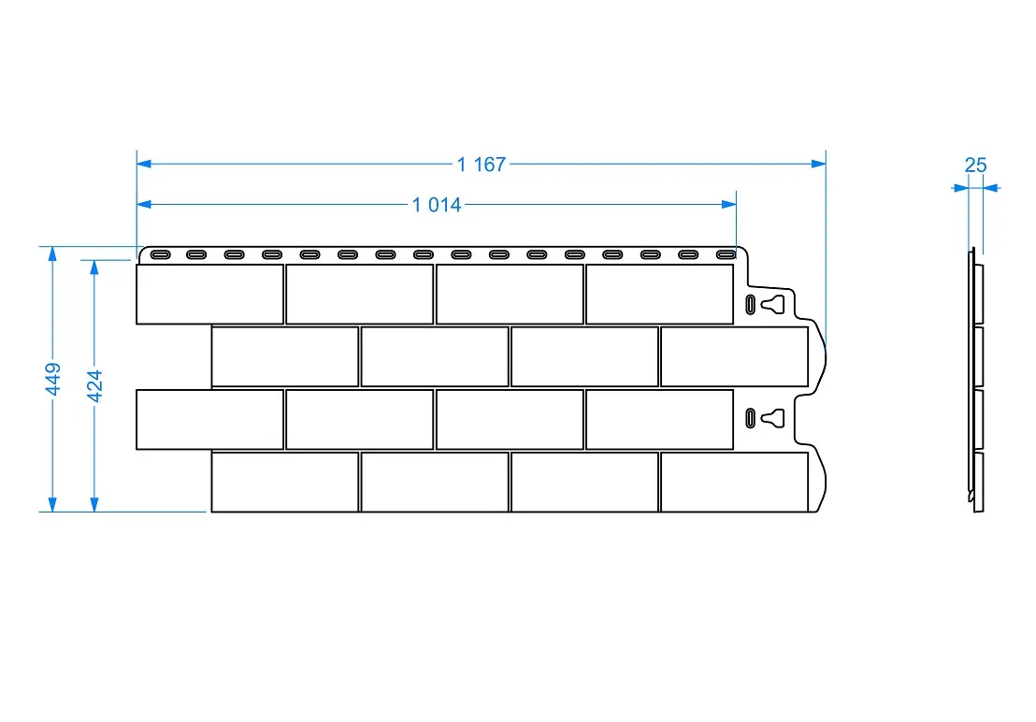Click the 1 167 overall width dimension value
(x=482, y=165)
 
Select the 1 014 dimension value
(x=437, y=205)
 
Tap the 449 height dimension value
(x=52, y=379)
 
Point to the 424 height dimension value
(x=94, y=385)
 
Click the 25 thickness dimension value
(x=975, y=166)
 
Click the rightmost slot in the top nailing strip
(x=726, y=253)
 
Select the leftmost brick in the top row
(x=209, y=294)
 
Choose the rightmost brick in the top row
(x=659, y=294)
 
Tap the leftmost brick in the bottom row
(x=285, y=482)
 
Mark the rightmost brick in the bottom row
(x=734, y=482)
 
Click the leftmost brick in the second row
(x=285, y=356)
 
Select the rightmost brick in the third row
(x=659, y=419)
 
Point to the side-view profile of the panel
(x=976, y=382)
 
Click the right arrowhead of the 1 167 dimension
(x=820, y=164)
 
